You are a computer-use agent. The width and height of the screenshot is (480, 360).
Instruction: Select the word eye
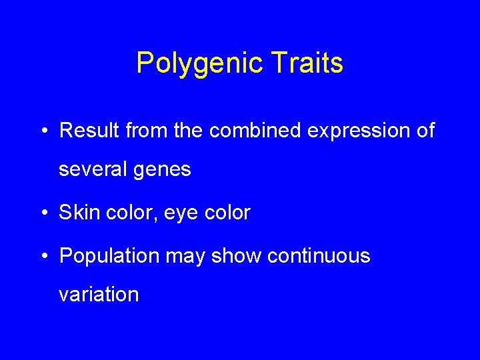click(x=185, y=214)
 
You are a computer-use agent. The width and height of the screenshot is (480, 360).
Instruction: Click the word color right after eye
click(x=228, y=213)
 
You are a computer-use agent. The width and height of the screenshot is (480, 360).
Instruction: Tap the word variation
click(x=99, y=294)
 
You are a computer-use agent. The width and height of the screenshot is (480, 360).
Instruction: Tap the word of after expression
click(x=425, y=131)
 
